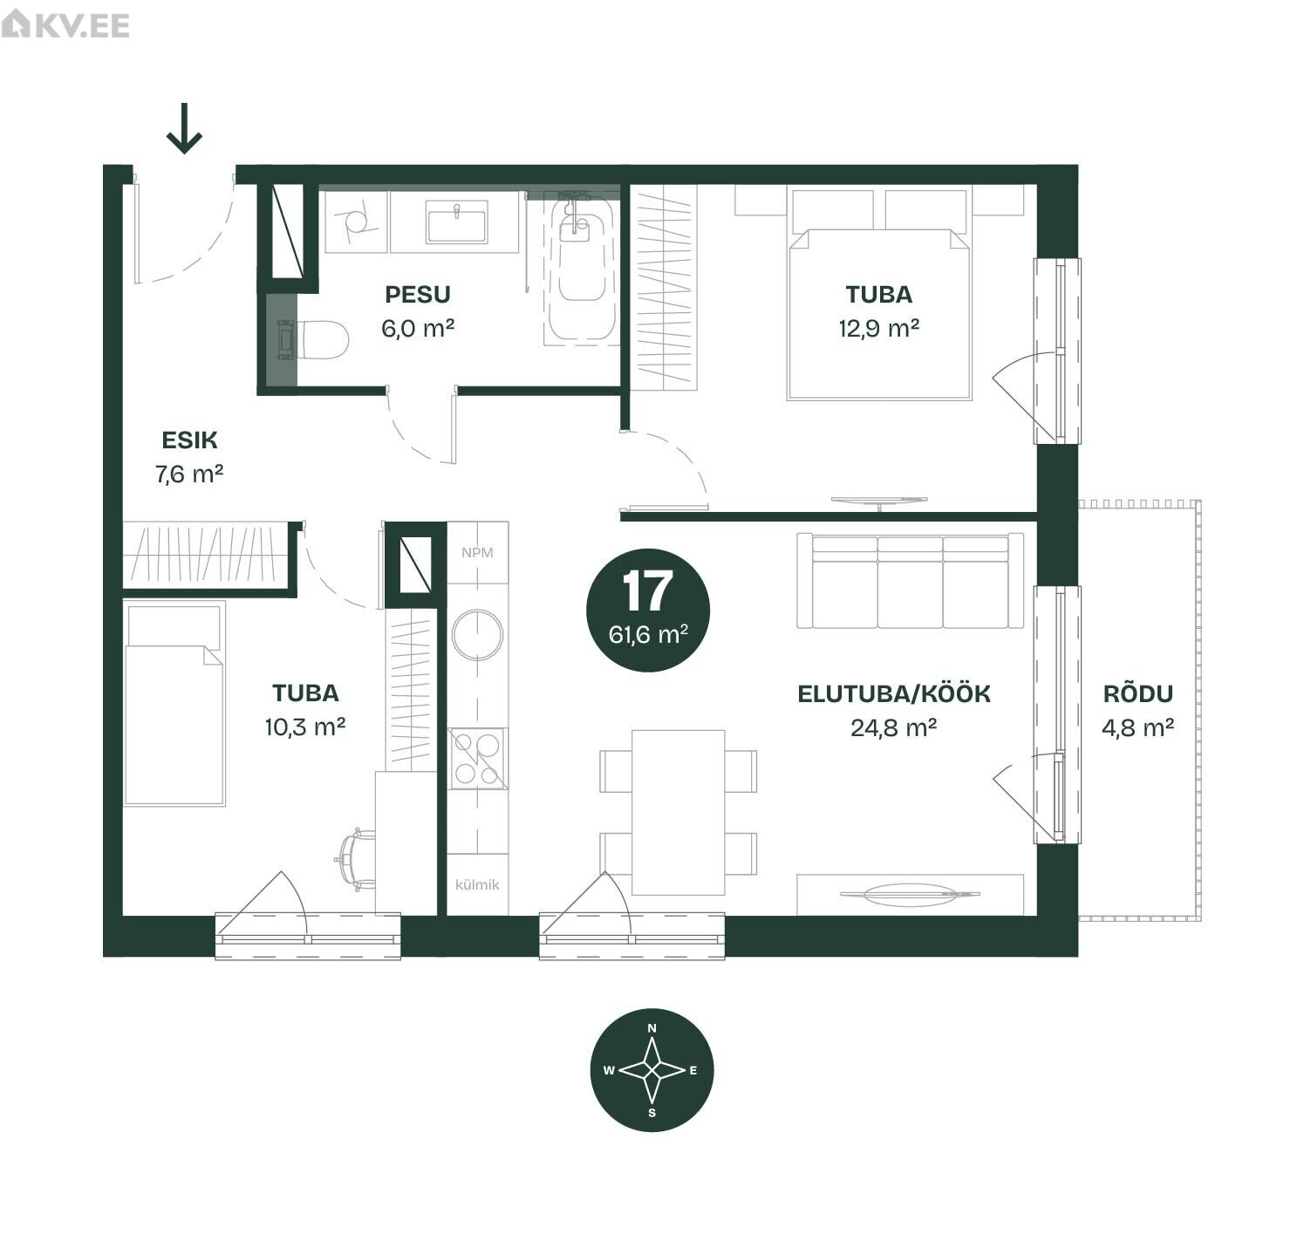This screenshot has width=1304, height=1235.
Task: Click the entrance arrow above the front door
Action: coord(184,128)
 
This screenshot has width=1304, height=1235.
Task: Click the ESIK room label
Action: coord(189,440)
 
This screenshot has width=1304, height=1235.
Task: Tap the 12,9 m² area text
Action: coord(879,328)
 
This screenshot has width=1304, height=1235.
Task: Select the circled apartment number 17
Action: coord(648,611)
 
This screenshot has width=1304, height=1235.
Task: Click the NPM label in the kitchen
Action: coord(478,552)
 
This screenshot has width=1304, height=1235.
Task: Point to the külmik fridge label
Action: coord(478,884)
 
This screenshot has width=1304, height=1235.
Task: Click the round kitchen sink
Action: coord(478,635)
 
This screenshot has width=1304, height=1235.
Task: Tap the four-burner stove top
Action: coord(478,759)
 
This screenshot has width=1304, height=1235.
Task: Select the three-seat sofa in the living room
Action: coord(910,581)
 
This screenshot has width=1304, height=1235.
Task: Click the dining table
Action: coord(678,813)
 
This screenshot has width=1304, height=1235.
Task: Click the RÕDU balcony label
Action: coord(1138,693)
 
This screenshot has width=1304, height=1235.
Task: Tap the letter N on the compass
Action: coord(652,1028)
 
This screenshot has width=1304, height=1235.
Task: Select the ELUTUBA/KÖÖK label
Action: coord(894,693)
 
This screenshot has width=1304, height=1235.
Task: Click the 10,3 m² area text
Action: coord(305,727)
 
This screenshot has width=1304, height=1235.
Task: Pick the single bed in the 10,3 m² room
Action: coord(174,703)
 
